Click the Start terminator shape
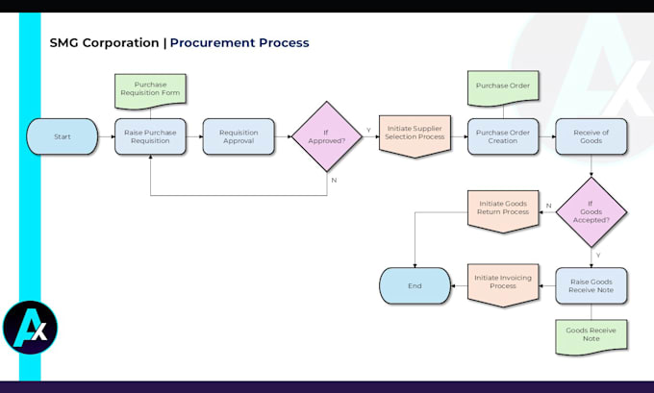pos(63,136)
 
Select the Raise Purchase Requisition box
pos(151,136)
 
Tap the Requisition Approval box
pos(239,136)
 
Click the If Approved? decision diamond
pos(327,136)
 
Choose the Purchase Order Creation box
pos(503,136)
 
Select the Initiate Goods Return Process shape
pos(502,209)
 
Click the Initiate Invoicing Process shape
pos(502,284)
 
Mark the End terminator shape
pos(415,285)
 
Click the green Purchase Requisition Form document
pos(150,89)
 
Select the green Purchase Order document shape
pos(503,87)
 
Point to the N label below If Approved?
pos(334,180)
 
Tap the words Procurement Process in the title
pos(239,43)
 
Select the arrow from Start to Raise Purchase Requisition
pos(106,136)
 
